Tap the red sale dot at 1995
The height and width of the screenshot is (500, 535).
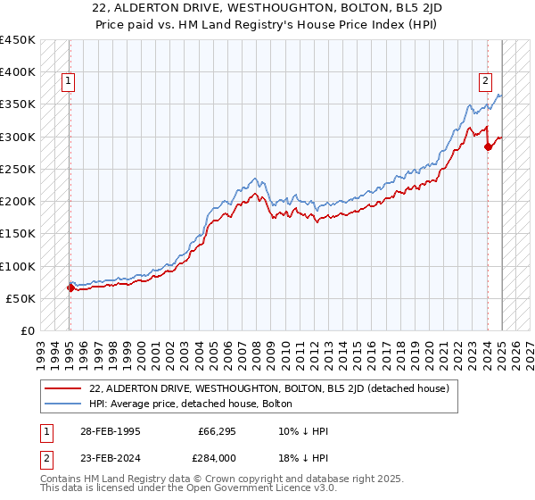coord(70,287)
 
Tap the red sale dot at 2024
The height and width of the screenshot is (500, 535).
coord(489,147)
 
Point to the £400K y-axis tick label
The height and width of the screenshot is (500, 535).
coord(18,72)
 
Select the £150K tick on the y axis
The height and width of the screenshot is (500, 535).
coord(18,234)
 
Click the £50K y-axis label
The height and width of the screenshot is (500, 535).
coord(21,298)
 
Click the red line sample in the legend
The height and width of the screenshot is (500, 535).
coord(63,388)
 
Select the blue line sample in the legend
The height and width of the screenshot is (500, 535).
coord(63,404)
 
